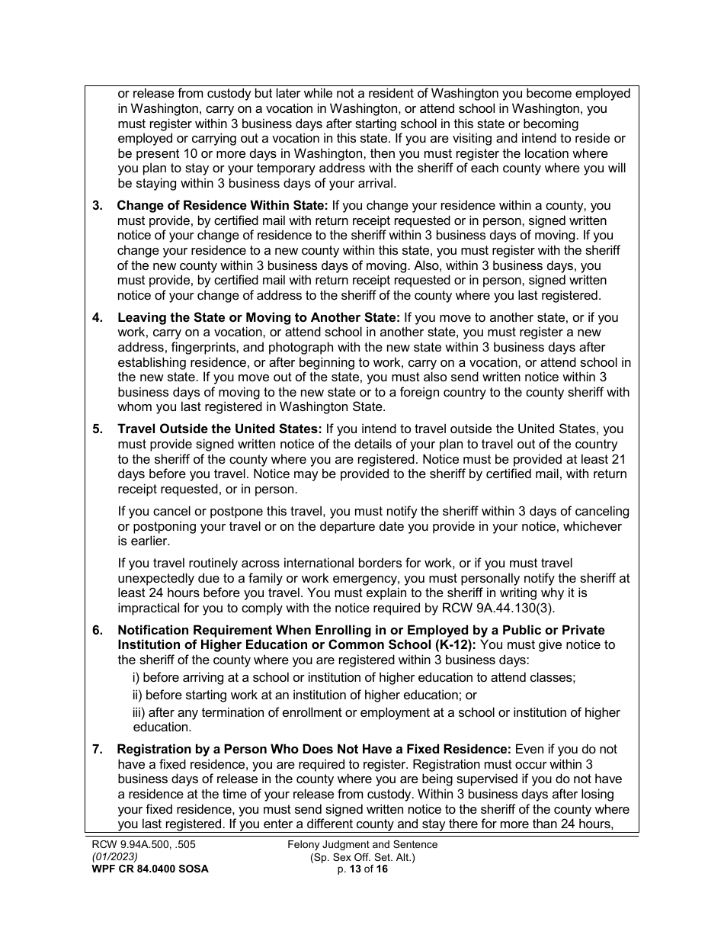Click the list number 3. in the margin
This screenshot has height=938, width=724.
[98, 206]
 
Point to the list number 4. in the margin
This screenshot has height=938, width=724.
[98, 318]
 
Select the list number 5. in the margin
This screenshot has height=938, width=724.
[98, 429]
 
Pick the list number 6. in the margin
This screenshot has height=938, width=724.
[98, 630]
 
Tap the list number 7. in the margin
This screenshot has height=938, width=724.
[98, 749]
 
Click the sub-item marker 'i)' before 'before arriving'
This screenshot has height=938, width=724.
[136, 677]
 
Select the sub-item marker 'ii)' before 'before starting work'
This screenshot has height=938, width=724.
[137, 695]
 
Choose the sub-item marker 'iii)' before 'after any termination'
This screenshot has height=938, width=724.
[139, 712]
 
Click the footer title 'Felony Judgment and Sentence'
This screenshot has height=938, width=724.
[363, 844]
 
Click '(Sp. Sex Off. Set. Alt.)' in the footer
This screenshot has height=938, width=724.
[363, 856]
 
